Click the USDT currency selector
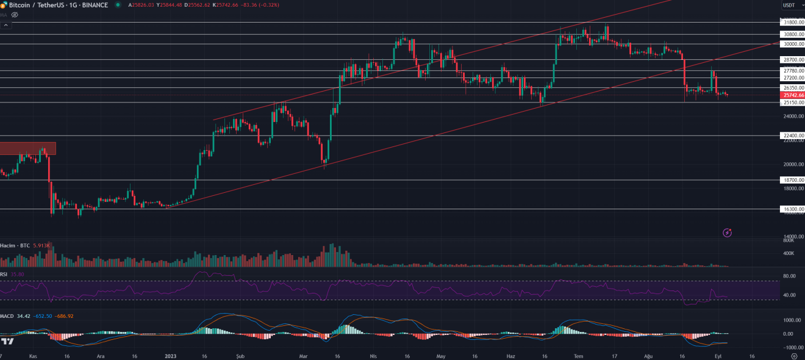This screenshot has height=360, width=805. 791,5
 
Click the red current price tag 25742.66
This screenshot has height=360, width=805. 793,95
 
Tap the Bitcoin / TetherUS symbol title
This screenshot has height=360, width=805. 37,5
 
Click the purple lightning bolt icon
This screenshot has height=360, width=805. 727,232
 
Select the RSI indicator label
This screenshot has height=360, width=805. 4,275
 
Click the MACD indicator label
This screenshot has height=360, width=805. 7,316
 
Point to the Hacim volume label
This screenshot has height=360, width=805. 8,245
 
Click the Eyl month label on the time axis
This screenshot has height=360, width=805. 718,355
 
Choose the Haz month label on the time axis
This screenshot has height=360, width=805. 511,355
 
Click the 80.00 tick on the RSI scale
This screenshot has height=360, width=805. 789,276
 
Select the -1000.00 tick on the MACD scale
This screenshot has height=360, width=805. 787,347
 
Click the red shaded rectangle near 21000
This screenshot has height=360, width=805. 27,148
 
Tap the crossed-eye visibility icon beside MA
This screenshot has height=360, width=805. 15,15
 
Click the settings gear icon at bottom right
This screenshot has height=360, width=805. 793,355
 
